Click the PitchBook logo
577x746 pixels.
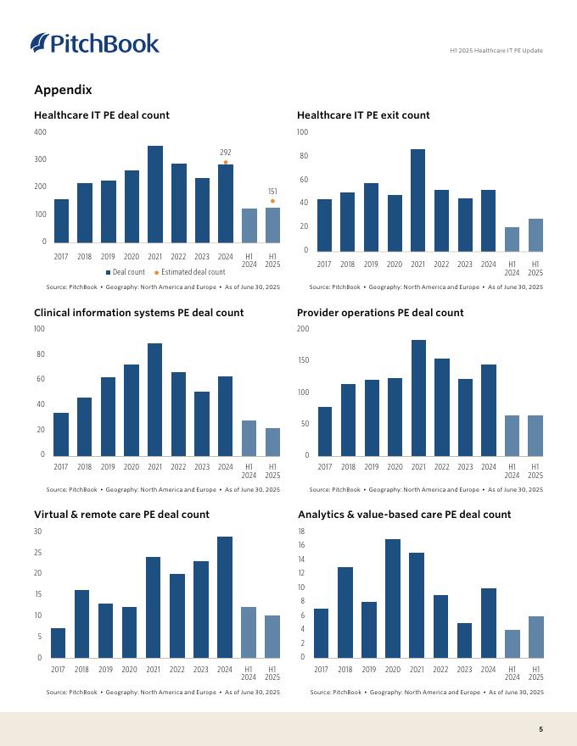click(x=94, y=43)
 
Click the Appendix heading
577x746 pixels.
click(x=63, y=90)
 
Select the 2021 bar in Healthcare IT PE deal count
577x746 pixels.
click(x=154, y=194)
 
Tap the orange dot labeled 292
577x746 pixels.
click(x=226, y=162)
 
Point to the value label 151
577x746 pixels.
click(x=272, y=192)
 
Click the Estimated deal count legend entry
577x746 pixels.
click(x=190, y=272)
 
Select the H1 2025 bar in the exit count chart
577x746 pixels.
click(x=535, y=235)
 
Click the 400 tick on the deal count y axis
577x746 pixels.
click(x=41, y=132)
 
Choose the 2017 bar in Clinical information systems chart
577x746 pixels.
click(x=61, y=434)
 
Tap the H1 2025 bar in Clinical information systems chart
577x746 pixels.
click(x=272, y=442)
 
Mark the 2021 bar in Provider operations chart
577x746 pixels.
click(x=418, y=398)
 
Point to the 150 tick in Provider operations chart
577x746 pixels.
click(x=303, y=360)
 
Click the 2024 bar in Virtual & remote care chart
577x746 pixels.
click(x=224, y=597)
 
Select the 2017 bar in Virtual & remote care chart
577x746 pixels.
click(x=58, y=643)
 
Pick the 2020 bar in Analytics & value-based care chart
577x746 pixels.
click(x=392, y=598)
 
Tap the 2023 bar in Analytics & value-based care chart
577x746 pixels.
click(x=464, y=640)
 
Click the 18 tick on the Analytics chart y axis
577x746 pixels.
click(x=301, y=532)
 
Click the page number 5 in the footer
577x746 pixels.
click(x=541, y=729)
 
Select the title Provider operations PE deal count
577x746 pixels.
click(x=380, y=313)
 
